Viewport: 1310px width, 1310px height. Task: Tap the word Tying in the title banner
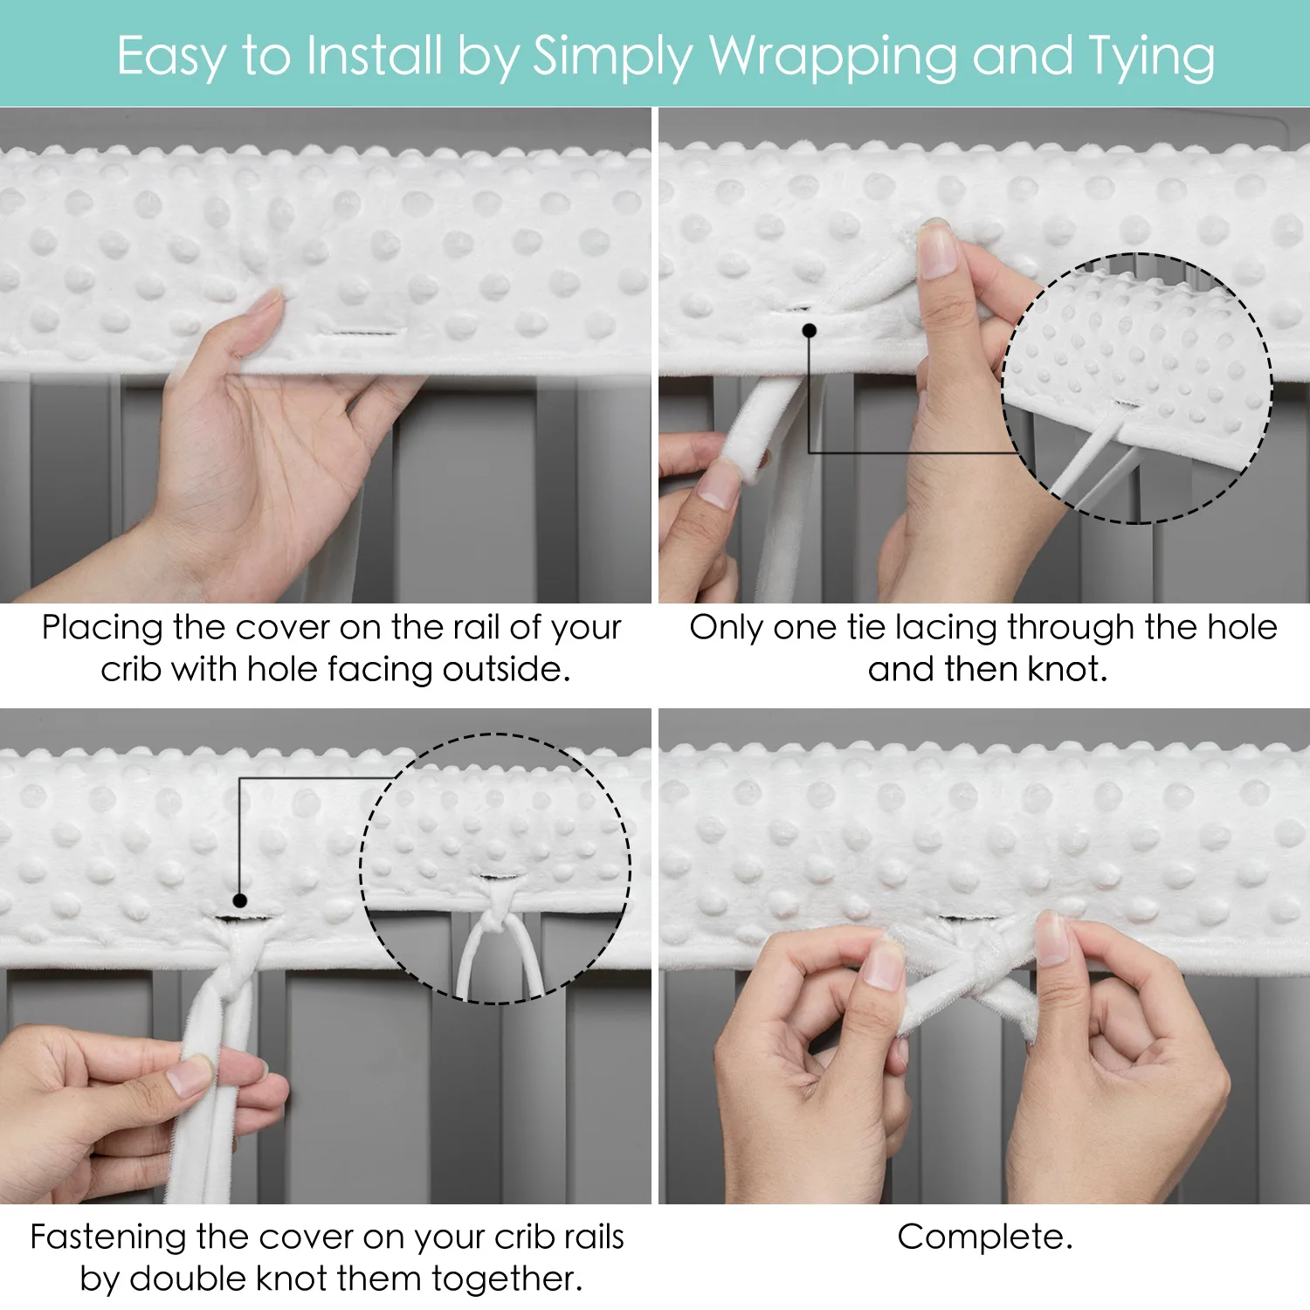pyautogui.click(x=1151, y=58)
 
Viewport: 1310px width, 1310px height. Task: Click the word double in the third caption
pyautogui.click(x=188, y=1279)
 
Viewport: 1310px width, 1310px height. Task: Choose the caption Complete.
pyautogui.click(x=985, y=1238)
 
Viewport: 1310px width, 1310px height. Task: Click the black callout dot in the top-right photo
pyautogui.click(x=810, y=330)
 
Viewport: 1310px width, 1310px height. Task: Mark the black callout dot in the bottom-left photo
pyautogui.click(x=239, y=900)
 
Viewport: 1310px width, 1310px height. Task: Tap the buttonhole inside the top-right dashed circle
pyautogui.click(x=1127, y=404)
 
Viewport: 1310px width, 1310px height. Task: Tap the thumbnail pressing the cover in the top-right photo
pyautogui.click(x=937, y=251)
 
